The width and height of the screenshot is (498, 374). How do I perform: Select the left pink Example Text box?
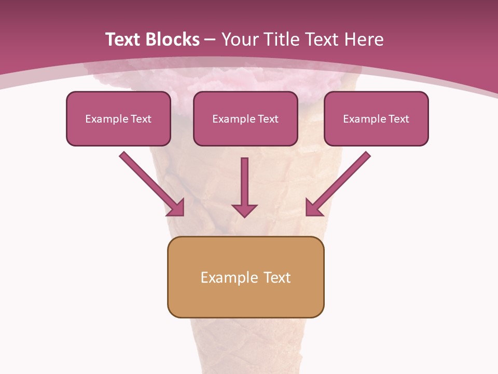coord(118,118)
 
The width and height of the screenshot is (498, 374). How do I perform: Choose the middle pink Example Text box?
coord(245,118)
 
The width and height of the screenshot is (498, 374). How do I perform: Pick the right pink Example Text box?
coord(376,118)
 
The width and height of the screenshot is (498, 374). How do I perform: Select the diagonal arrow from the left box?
coord(150,182)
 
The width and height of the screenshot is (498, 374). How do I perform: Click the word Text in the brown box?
coord(277,277)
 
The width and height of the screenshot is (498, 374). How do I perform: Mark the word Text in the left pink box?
coord(141,119)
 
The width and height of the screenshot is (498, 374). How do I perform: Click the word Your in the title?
coord(239,39)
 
